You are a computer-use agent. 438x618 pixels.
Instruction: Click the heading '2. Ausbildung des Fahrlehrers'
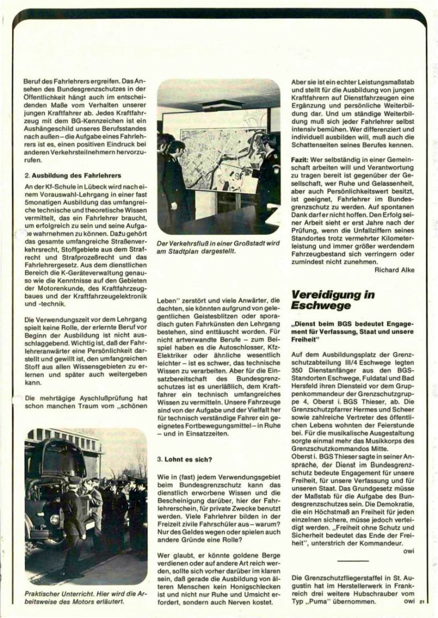(70, 175)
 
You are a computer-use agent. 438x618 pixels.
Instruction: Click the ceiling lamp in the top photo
(221, 105)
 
